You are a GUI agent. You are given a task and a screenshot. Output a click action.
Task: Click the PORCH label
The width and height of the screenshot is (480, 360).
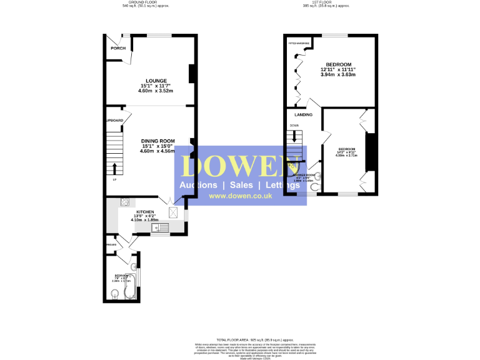117,48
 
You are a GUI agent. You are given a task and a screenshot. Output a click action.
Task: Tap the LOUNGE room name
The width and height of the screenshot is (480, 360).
156,81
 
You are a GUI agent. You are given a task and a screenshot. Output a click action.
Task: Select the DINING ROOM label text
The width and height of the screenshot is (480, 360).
157,141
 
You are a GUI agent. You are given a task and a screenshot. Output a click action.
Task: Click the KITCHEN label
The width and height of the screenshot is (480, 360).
146,212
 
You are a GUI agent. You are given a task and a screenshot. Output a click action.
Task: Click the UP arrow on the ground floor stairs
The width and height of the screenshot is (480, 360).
114,168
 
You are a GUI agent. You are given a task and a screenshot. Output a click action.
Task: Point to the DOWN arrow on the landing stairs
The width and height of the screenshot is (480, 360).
294,137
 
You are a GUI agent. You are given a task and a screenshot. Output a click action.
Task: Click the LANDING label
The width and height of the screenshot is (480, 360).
295,115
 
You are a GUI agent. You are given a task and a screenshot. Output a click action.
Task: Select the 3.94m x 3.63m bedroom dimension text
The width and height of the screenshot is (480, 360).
337,74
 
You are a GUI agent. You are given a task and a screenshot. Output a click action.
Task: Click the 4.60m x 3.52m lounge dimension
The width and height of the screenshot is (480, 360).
156,91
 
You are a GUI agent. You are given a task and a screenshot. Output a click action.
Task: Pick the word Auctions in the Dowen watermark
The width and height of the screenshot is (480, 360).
198,186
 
